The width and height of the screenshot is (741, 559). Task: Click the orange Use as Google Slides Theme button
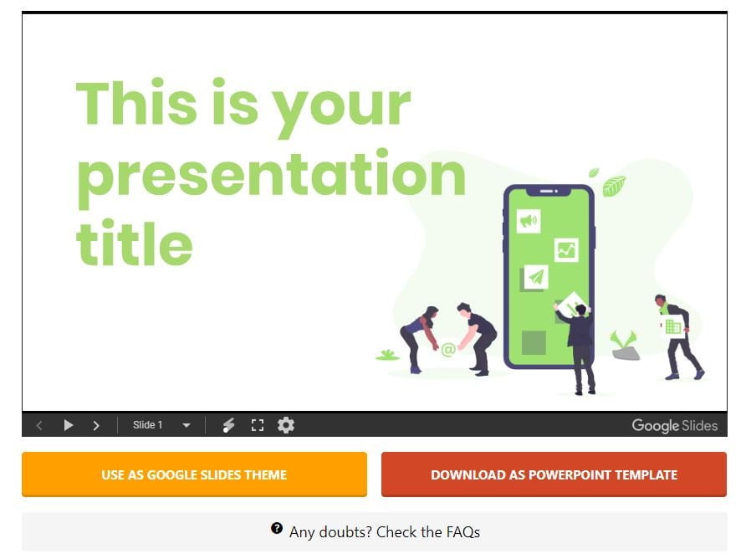tap(194, 474)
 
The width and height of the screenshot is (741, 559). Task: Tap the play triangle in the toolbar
tap(68, 425)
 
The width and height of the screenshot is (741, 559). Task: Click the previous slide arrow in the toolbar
tap(39, 426)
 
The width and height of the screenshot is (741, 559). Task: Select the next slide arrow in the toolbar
tap(96, 426)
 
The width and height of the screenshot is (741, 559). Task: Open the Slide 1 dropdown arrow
tap(187, 425)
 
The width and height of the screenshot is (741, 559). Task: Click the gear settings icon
tap(286, 424)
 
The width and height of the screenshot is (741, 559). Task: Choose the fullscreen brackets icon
tap(258, 425)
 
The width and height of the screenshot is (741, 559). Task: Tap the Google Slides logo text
tap(675, 426)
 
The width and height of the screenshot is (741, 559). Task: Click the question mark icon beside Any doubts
tap(277, 528)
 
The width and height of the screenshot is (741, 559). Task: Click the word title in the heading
tap(134, 243)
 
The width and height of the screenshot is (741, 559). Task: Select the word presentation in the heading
tap(271, 173)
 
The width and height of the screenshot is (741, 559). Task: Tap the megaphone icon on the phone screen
tap(529, 221)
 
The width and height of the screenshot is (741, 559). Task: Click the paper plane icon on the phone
tap(536, 277)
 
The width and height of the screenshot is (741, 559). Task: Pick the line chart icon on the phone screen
tap(566, 249)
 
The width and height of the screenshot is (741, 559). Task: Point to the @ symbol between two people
tap(448, 350)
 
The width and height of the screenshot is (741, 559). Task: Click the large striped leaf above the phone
tap(615, 186)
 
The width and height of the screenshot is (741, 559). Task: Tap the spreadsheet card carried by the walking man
tap(672, 326)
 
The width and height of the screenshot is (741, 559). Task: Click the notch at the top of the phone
tap(549, 191)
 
